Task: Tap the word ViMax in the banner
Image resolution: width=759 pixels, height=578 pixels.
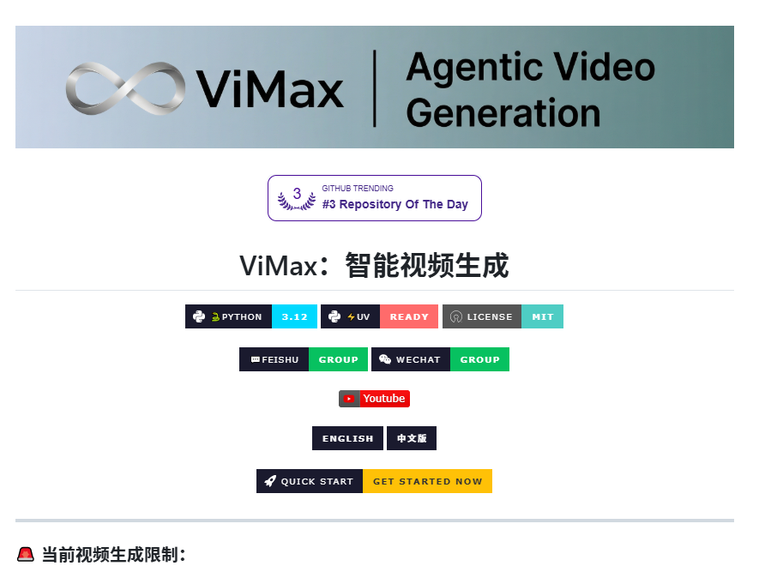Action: [269, 89]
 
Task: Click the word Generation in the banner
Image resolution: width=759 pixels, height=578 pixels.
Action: [503, 113]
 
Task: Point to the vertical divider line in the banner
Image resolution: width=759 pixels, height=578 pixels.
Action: [374, 88]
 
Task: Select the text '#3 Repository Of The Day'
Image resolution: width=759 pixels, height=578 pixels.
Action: [395, 204]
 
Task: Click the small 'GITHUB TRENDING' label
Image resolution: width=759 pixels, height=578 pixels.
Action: [358, 189]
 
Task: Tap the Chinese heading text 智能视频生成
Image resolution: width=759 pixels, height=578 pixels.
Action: [427, 265]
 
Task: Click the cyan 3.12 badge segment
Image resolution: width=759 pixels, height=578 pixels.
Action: [294, 316]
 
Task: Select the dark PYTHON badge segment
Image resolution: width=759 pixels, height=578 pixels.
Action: [228, 316]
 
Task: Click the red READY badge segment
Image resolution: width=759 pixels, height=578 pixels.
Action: [409, 316]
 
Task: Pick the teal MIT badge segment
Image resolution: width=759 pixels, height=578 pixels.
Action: [543, 316]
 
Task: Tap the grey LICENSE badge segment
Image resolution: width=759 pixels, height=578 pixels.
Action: [482, 316]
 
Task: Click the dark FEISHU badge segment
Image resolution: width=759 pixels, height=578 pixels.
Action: [274, 359]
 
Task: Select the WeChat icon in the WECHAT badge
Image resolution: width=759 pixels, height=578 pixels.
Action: [385, 359]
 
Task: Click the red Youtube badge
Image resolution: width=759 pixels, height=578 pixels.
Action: [374, 399]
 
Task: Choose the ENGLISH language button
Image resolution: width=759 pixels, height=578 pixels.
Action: [347, 438]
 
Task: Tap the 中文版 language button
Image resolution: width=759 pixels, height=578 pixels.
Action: [412, 438]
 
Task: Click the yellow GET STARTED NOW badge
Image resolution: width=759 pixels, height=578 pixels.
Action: [427, 481]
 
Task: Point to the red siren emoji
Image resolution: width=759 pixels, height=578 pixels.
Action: [26, 554]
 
